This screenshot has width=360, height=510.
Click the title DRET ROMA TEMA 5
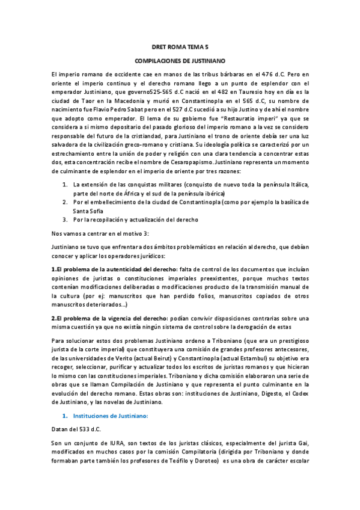coord(179,46)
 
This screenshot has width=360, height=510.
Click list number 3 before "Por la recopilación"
coord(65,220)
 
